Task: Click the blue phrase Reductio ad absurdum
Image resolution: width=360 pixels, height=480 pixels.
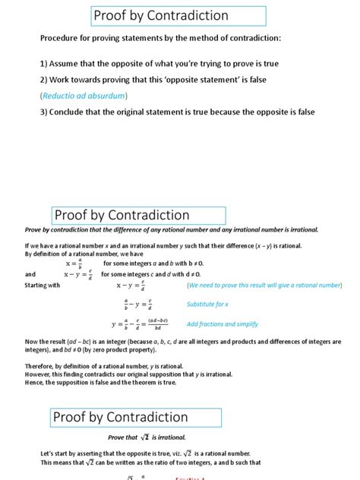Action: tap(84, 96)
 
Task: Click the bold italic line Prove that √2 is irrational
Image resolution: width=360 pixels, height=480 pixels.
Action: tap(147, 437)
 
